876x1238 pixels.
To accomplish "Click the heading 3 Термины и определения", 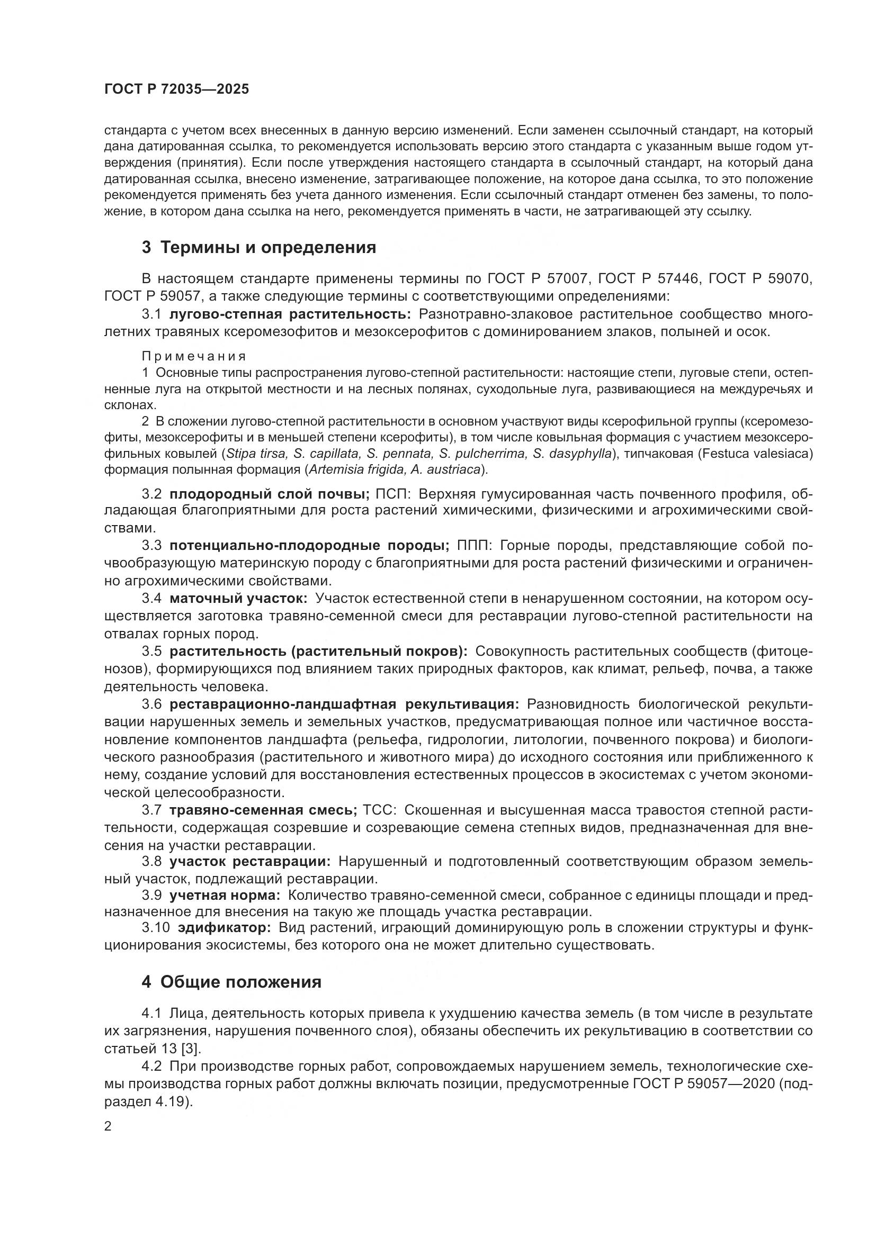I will (x=258, y=248).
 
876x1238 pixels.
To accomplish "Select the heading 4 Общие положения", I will (x=231, y=982).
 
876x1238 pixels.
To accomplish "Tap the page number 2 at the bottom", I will (x=108, y=1126).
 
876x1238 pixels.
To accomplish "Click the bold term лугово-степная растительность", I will (x=290, y=314).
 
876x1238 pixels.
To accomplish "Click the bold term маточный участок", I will (x=238, y=598).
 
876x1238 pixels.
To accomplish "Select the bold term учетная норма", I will (x=225, y=896).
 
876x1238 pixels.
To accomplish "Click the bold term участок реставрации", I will (x=250, y=861).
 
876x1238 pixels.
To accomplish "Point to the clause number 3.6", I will (x=151, y=704).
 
